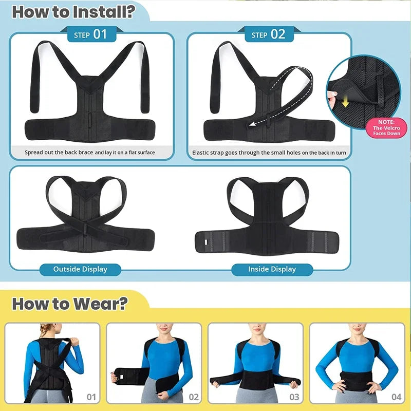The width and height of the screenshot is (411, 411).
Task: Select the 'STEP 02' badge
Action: pyautogui.click(x=268, y=34)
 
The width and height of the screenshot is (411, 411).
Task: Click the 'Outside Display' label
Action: pyautogui.click(x=80, y=269)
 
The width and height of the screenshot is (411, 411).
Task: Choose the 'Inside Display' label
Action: pyautogui.click(x=272, y=269)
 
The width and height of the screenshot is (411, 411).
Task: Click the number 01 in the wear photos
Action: pyautogui.click(x=91, y=397)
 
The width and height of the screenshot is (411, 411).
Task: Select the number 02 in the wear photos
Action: pyautogui.click(x=194, y=397)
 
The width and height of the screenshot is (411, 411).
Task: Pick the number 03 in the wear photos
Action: pyautogui.click(x=294, y=397)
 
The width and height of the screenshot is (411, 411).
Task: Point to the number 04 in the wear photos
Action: pyautogui.click(x=396, y=397)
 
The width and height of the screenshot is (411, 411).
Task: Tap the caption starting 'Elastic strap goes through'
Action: pyautogui.click(x=269, y=153)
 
